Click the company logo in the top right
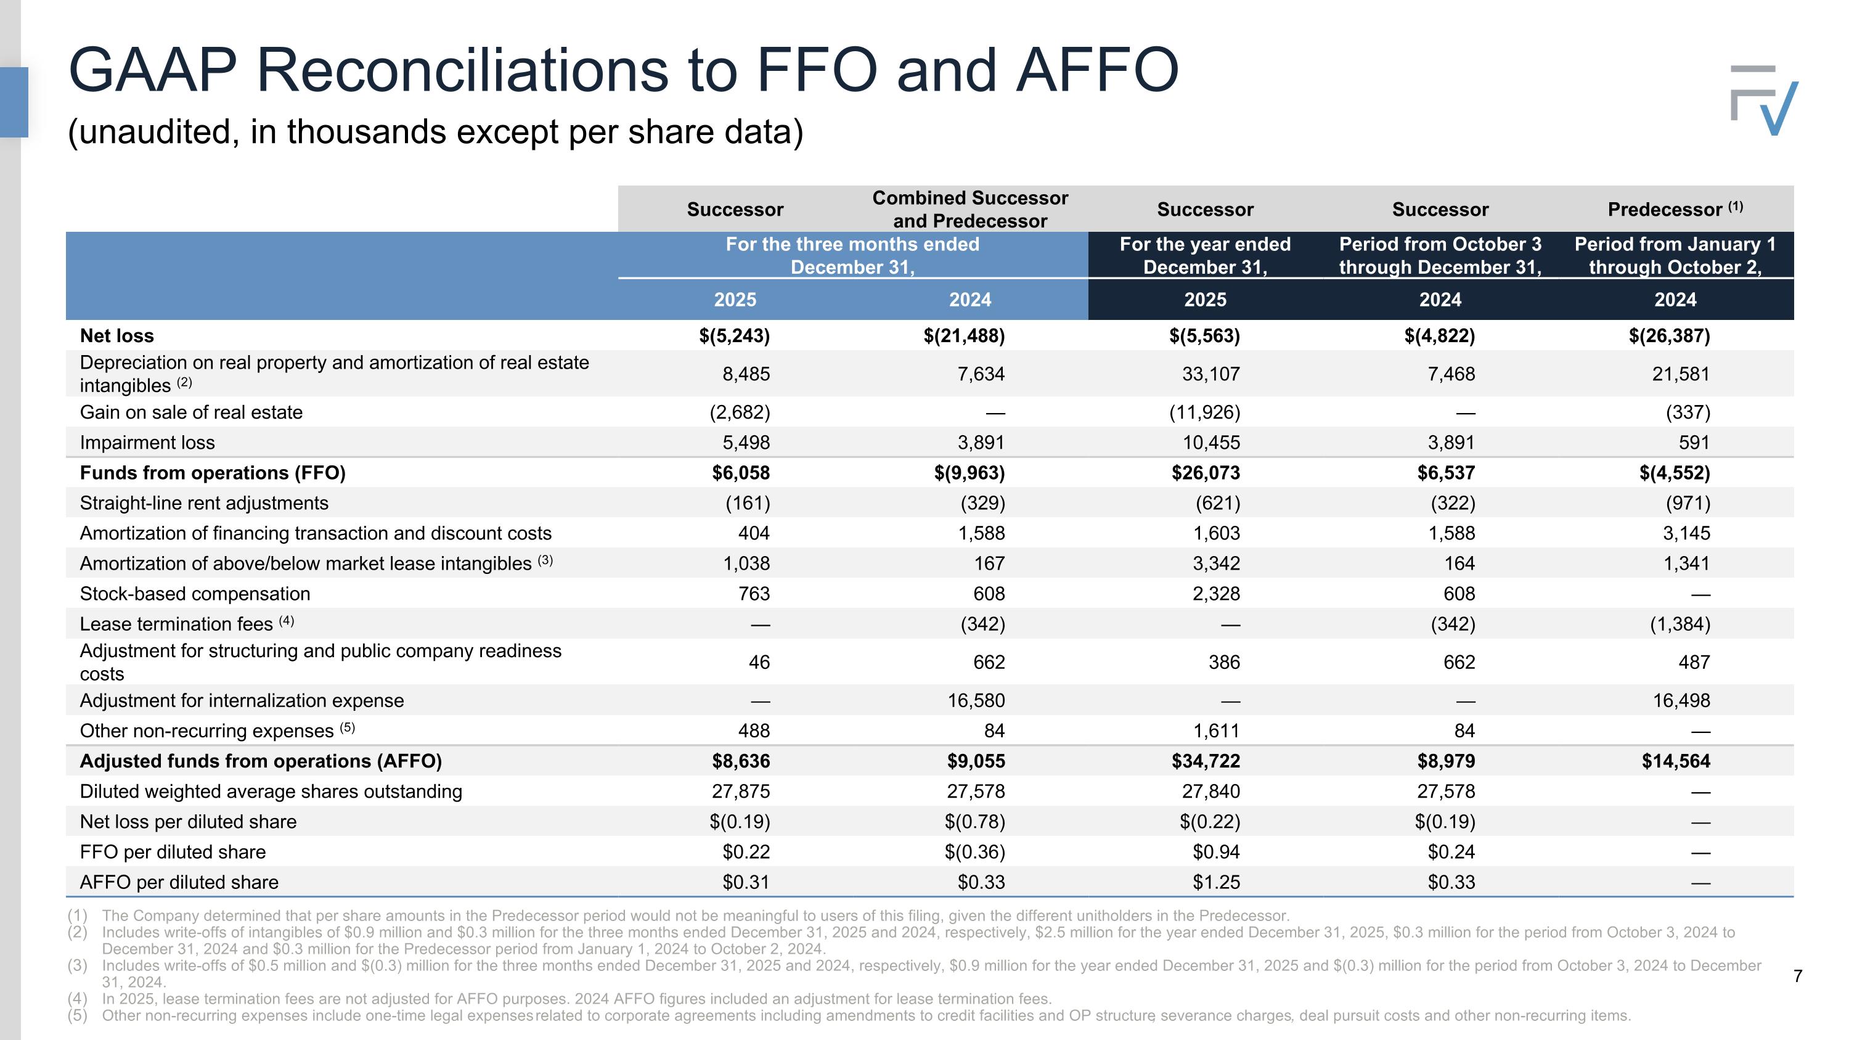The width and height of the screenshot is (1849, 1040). click(1765, 100)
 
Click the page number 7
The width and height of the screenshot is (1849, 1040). click(1797, 976)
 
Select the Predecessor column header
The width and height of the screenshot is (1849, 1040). click(1675, 209)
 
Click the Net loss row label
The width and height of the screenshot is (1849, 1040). click(117, 335)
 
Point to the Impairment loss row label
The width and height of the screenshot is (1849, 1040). click(147, 442)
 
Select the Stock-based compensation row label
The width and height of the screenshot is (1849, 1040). click(195, 594)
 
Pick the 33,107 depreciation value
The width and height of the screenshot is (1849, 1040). click(1211, 374)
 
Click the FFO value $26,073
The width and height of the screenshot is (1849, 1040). click(1206, 473)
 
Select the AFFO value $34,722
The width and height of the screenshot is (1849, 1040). click(1206, 761)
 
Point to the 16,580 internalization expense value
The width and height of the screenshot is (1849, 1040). click(976, 700)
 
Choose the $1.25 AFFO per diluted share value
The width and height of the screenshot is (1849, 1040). click(1217, 882)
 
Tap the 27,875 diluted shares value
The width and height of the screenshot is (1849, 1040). click(741, 791)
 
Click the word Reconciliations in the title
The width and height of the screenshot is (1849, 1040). click(462, 70)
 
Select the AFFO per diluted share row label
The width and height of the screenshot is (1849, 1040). click(179, 882)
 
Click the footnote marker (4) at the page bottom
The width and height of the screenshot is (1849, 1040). click(78, 999)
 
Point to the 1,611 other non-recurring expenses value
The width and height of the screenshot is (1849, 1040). click(1216, 731)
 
